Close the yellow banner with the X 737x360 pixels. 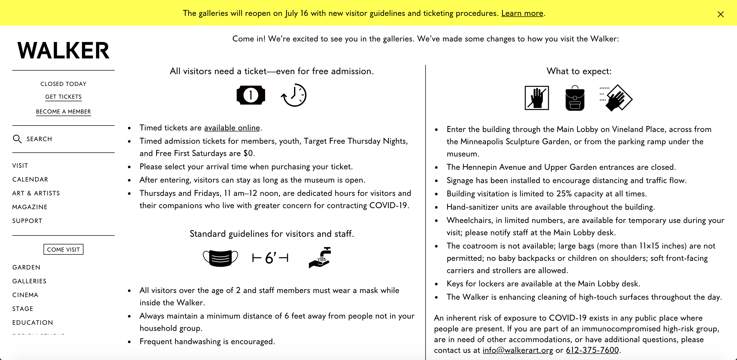pyautogui.click(x=720, y=14)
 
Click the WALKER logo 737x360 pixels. pyautogui.click(x=63, y=50)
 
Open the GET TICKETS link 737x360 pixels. pyautogui.click(x=63, y=97)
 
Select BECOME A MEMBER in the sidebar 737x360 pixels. pyautogui.click(x=63, y=112)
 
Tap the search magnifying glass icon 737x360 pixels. pyautogui.click(x=17, y=139)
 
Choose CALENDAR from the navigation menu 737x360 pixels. pyautogui.click(x=30, y=179)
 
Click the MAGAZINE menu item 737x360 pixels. pyautogui.click(x=30, y=207)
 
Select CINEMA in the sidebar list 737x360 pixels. pyautogui.click(x=25, y=295)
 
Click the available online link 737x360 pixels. pyautogui.click(x=232, y=128)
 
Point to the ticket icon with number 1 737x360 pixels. pyautogui.click(x=251, y=95)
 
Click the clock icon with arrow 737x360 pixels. pyautogui.click(x=294, y=95)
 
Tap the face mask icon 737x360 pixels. pyautogui.click(x=220, y=258)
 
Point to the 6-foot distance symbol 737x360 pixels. pyautogui.click(x=270, y=258)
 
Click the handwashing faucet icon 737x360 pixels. pyautogui.click(x=320, y=257)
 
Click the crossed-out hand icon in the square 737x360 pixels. pyautogui.click(x=537, y=98)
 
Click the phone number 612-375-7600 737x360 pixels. pyautogui.click(x=592, y=350)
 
